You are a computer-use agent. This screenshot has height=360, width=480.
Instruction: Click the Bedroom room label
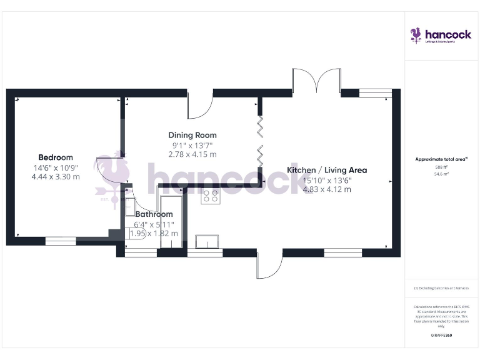[56, 157]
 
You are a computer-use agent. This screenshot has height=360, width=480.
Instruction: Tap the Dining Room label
[192, 135]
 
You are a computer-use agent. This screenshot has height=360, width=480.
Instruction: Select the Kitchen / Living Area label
[327, 170]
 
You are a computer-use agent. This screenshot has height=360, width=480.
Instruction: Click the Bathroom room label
[154, 214]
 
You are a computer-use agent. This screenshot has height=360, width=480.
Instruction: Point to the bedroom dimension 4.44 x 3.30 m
[56, 177]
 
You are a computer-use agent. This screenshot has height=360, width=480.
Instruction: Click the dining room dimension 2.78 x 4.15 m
[192, 154]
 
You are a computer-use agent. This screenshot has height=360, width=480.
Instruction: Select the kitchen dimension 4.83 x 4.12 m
[327, 189]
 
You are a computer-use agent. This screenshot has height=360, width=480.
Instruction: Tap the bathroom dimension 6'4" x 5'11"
[154, 224]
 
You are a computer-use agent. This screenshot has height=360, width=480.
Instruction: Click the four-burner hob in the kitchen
[210, 197]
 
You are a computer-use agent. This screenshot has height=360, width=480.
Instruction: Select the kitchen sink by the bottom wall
[206, 241]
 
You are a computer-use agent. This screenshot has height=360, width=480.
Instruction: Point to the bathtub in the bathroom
[171, 222]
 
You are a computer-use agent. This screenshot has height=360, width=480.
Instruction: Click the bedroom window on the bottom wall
[61, 241]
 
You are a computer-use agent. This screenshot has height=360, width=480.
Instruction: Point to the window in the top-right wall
[375, 92]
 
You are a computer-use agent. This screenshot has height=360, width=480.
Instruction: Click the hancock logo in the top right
[441, 36]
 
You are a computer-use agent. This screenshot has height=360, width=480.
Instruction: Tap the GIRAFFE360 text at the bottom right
[441, 336]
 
